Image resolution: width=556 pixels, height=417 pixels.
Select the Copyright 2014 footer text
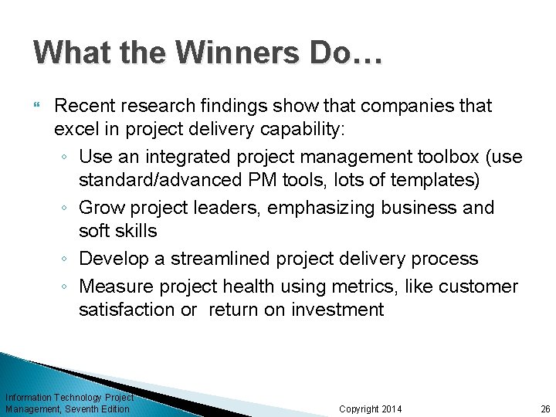(371, 409)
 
